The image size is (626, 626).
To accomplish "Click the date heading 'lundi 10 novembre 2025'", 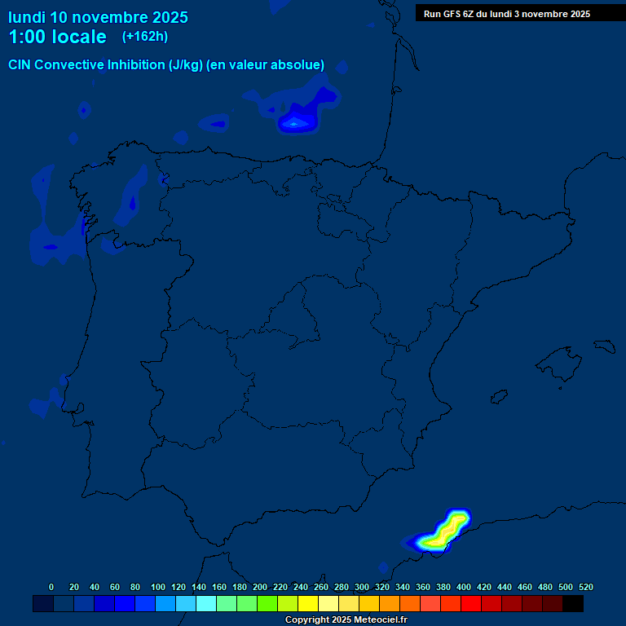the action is point(98,17).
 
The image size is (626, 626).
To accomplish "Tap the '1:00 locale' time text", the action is point(57,37).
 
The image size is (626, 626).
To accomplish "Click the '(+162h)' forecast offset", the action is point(144,37).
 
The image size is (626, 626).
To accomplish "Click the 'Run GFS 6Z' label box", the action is point(507,14).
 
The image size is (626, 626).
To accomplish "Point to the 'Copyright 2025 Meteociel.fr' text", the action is point(346,620).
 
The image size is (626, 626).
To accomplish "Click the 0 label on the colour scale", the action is point(51,587).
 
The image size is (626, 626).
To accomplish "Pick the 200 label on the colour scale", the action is point(260,587).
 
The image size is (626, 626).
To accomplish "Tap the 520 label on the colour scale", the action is point(586,587).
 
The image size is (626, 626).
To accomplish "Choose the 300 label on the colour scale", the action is point(362,587).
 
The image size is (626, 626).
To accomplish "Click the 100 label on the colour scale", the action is point(158,587).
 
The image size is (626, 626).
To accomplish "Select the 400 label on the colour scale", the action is point(464,587).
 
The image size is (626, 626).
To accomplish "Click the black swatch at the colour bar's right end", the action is point(573,603).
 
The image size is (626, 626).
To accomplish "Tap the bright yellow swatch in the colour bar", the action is point(308,603).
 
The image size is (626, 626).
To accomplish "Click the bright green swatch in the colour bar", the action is point(267,603).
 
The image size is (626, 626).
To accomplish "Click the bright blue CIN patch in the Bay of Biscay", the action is point(298,122).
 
